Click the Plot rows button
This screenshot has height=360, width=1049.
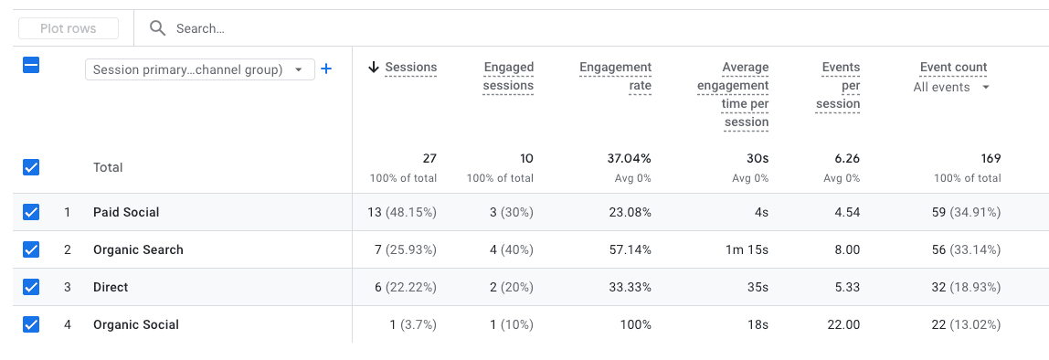69,28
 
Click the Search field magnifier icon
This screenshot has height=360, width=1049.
158,28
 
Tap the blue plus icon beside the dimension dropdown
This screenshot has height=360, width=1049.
326,69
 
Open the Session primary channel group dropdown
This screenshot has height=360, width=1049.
199,69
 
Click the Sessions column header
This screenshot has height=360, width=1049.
410,67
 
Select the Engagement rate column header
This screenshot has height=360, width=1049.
615,76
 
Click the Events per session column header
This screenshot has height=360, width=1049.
841,85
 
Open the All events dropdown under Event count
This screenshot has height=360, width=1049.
952,87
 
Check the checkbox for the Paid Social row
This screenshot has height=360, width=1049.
31,212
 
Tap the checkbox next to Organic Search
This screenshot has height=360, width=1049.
31,249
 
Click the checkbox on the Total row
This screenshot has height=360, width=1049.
31,167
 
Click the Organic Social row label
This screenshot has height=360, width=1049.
136,324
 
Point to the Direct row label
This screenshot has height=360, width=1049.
111,287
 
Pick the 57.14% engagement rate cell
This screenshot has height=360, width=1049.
629,249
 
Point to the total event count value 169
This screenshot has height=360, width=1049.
991,158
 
